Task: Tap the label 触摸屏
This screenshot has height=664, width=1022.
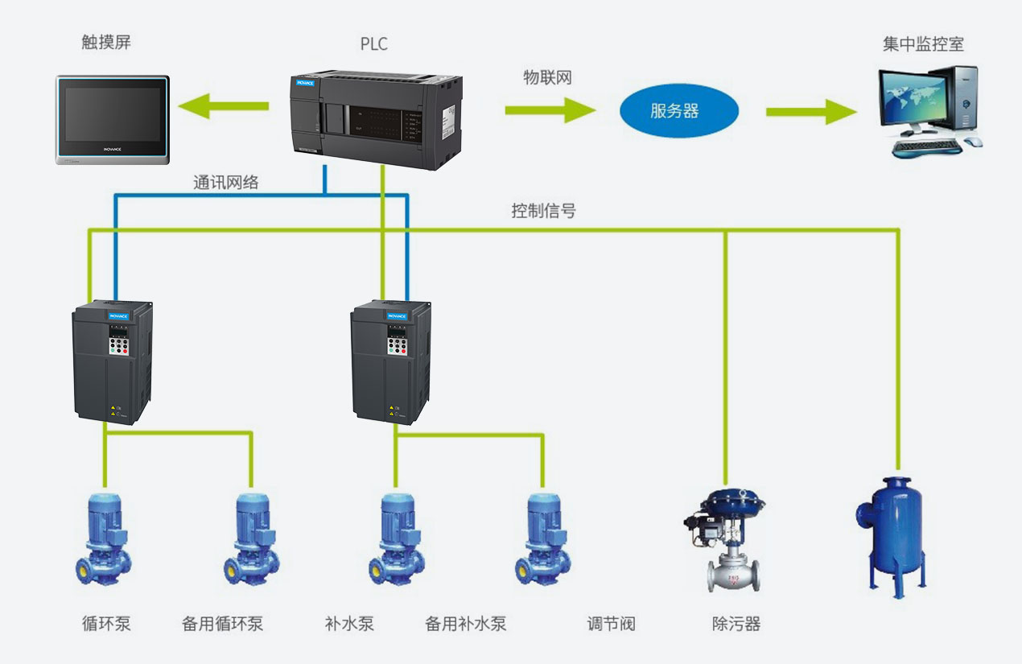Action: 106,42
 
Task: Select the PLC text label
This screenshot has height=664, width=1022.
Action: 374,43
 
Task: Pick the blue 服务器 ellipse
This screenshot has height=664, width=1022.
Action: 678,111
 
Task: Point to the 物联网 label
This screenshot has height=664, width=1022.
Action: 547,78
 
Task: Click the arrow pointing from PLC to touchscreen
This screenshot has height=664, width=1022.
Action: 223,105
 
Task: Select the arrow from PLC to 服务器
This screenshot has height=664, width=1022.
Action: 549,109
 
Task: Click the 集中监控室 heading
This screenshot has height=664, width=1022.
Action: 923,43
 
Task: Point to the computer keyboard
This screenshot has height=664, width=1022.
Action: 926,148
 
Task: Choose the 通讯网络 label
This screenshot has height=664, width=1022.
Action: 226,183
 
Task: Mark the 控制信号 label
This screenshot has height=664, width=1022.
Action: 544,211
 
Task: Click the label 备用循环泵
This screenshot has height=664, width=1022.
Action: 223,624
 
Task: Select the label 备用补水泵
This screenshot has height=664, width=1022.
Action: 466,624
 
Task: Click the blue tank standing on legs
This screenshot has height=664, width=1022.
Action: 892,527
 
